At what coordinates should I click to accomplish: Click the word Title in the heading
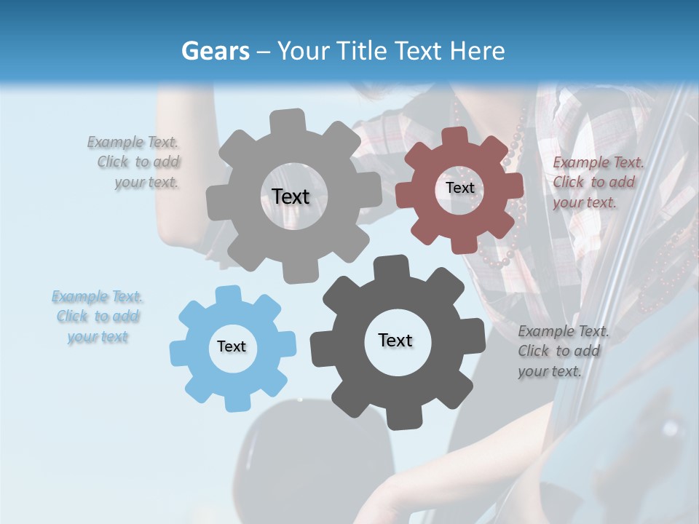click(x=363, y=51)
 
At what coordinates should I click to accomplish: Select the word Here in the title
click(x=477, y=51)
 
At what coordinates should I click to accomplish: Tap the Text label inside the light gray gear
click(x=291, y=196)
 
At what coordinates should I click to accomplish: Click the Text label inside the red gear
click(x=459, y=188)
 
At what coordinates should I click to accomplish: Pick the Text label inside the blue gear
click(x=232, y=346)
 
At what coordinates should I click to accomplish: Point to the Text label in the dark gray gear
click(x=395, y=340)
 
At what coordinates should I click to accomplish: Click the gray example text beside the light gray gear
click(x=135, y=162)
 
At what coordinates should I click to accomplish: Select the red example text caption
click(x=597, y=182)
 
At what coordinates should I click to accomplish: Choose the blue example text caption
click(x=97, y=317)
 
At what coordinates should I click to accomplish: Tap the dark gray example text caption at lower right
click(x=562, y=351)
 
